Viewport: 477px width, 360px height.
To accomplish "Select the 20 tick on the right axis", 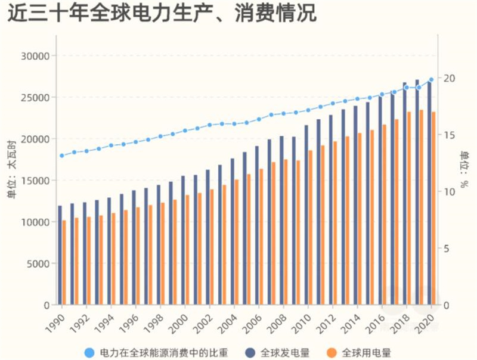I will tap(449, 78).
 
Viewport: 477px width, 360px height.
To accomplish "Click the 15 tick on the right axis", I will tap(449, 135).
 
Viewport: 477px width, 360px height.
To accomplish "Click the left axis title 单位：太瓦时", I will tap(11, 180).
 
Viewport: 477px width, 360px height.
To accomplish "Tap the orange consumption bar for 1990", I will tap(64, 263).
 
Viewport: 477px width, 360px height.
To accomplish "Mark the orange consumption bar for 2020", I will tap(433, 209).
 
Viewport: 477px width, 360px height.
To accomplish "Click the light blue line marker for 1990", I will tap(61, 156).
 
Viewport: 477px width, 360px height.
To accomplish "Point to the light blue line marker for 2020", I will tap(431, 79).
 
